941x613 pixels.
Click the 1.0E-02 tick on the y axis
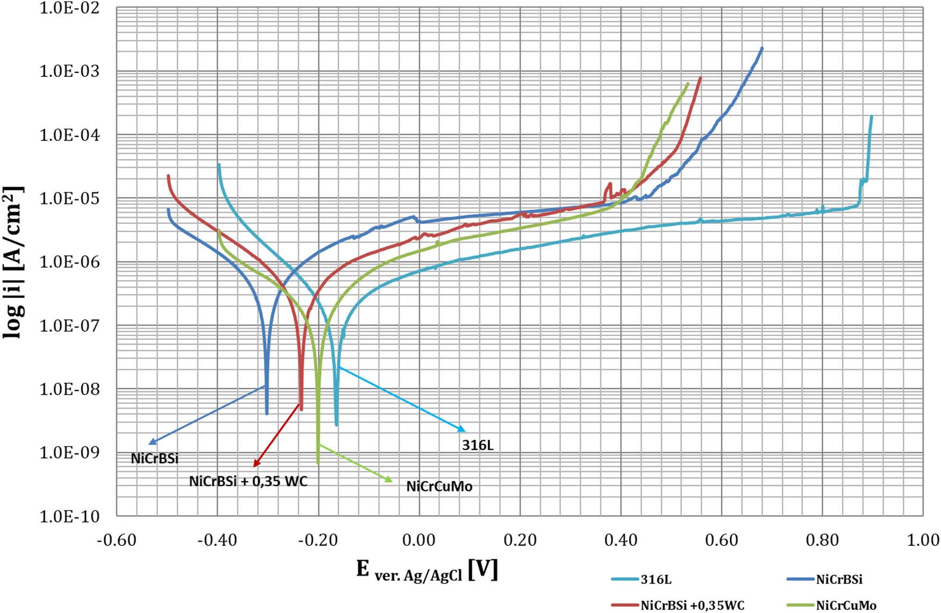tap(69, 9)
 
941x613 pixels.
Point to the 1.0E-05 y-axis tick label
tap(69, 198)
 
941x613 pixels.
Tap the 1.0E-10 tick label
tap(69, 517)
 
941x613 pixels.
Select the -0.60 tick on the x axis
tap(116, 540)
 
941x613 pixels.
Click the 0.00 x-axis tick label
tap(419, 540)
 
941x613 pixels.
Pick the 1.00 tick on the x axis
tap(923, 540)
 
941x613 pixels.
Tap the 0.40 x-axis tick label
tap(621, 540)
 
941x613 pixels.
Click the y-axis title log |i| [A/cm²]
tap(14, 262)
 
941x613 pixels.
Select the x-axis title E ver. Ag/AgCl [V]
tap(427, 570)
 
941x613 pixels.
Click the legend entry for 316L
tap(656, 580)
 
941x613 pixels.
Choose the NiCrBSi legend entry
tap(839, 580)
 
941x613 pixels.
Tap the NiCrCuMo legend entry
tap(846, 605)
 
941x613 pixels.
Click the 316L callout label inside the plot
tap(477, 445)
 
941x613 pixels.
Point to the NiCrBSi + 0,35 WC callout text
tap(248, 481)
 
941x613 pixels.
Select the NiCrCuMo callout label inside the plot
tap(439, 487)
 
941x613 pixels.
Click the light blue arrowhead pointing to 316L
tap(462, 430)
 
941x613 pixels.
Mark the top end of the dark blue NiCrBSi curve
tap(761, 48)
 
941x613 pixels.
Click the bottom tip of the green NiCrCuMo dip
tap(318, 462)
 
